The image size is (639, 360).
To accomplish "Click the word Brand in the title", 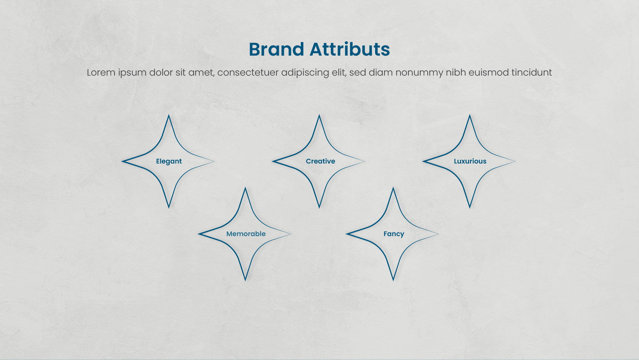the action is point(277,49).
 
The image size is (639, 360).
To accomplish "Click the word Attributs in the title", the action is point(350,49).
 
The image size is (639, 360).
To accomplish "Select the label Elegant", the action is point(169,162).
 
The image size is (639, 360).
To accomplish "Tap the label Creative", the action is point(320,161).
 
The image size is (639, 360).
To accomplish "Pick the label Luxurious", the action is point(470,161).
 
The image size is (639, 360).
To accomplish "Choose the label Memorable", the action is point(246,234).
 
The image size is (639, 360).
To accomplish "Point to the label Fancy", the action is point(394,234).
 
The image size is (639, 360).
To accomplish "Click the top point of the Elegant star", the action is point(169,115).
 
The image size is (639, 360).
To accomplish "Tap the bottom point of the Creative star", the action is point(319,208).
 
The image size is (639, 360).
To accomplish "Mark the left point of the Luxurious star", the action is point(423,162).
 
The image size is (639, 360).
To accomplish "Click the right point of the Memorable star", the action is point(291,234).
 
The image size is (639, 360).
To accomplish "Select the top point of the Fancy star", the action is point(393,188).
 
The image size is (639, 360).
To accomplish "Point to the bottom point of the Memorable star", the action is point(245,280).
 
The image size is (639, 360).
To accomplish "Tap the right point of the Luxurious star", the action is point(515,162).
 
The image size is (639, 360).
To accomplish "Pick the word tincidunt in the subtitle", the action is point(532,72).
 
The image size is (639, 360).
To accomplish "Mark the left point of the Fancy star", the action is point(346,234).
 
